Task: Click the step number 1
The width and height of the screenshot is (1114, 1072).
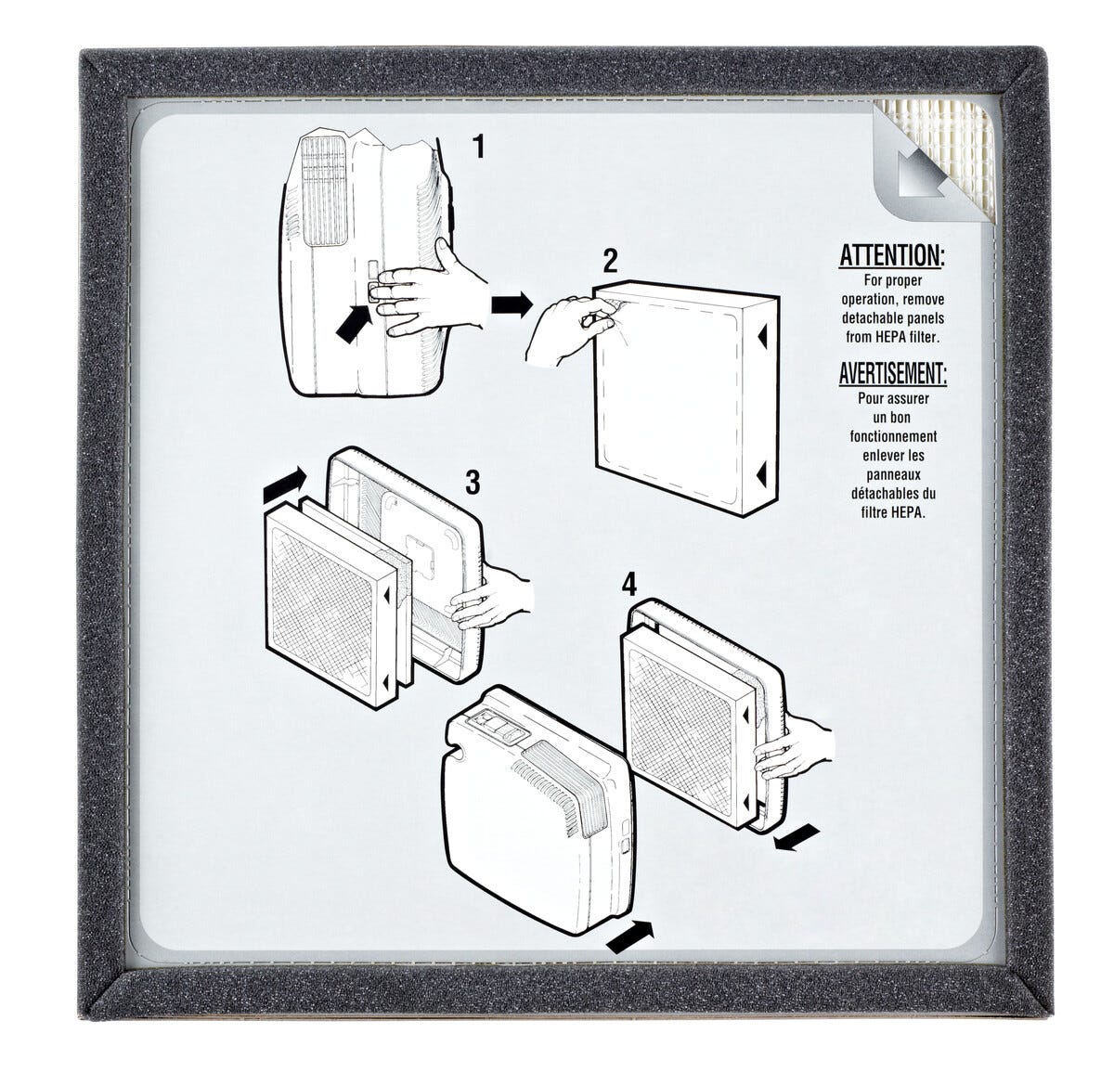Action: [x=479, y=146]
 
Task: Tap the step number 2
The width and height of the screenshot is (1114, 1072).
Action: [x=611, y=261]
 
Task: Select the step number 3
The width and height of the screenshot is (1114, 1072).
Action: [x=473, y=483]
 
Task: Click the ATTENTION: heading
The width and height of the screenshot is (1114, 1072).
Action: [x=892, y=255]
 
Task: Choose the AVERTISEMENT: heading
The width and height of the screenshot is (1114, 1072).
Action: [x=892, y=373]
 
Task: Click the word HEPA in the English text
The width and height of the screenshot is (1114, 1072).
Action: [x=891, y=337]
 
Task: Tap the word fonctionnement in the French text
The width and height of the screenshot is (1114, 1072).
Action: [x=893, y=436]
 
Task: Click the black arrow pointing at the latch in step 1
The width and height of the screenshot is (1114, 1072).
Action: [x=354, y=323]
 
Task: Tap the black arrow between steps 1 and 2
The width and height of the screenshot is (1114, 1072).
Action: [x=512, y=305]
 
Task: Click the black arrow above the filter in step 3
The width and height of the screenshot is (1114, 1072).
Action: [x=284, y=484]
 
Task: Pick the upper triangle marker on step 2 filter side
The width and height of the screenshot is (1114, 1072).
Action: [x=762, y=337]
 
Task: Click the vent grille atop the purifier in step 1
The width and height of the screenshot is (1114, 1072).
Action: [x=325, y=190]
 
